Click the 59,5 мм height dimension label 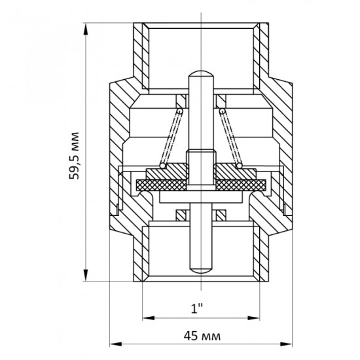click(74, 156)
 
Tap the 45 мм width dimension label click(202, 336)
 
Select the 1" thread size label click(197, 308)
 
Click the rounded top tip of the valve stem click(201, 74)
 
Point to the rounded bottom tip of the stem click(201, 270)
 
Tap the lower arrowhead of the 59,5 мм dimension click(86, 275)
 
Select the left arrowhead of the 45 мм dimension click(115, 344)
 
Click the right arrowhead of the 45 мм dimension click(286, 344)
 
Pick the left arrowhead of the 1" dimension click(149, 318)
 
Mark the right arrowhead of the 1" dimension click(253, 318)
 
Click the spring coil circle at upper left click(180, 111)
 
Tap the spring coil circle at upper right click(222, 111)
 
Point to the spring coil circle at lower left click(162, 166)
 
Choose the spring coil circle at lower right click(239, 166)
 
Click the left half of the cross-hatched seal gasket click(162, 185)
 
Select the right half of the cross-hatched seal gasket click(241, 185)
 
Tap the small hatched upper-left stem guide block click(181, 101)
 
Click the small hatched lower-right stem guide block click(221, 215)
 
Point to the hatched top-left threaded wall click(141, 55)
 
